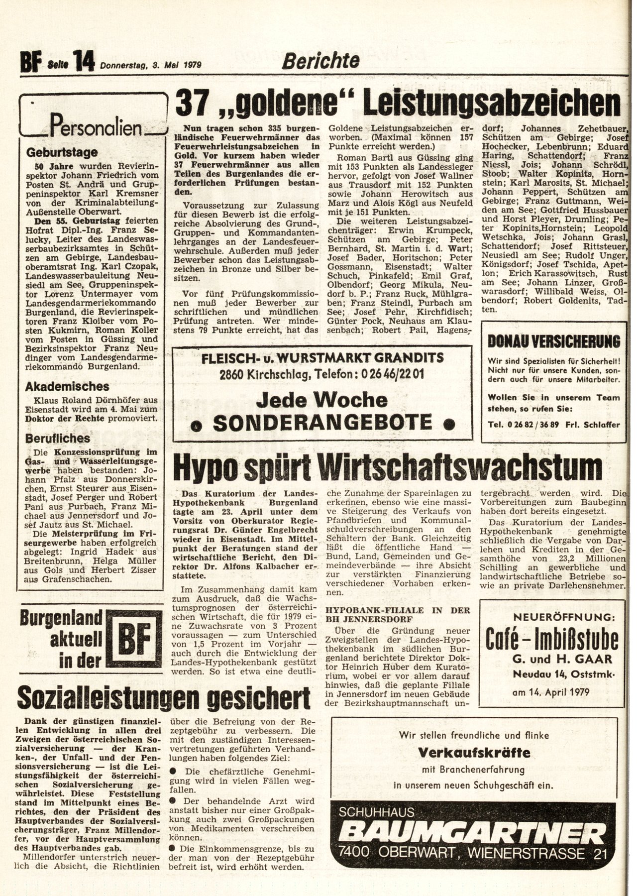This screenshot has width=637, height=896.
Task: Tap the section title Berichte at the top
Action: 320,61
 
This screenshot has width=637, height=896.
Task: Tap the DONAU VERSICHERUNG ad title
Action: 553,342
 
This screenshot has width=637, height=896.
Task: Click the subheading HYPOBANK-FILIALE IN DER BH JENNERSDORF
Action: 397,614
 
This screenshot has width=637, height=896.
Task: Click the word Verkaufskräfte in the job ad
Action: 474,752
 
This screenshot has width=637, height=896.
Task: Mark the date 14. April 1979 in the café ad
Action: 550,692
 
